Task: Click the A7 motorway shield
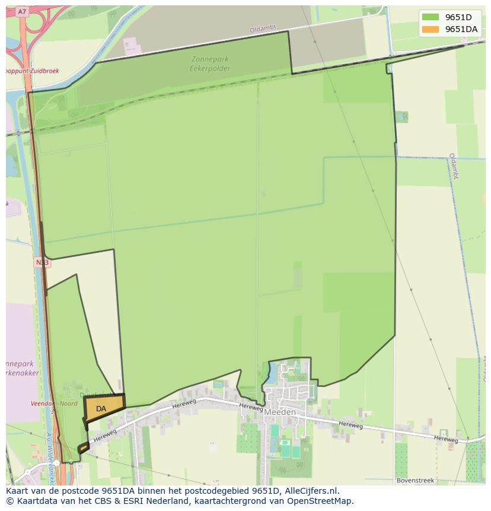23,11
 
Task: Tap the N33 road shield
42,262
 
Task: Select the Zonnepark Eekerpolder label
210,64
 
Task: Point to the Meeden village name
280,412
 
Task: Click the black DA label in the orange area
101,409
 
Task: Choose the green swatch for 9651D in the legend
431,17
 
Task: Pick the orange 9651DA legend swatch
431,29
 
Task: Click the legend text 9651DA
461,29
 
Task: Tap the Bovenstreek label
415,480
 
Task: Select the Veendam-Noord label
54,404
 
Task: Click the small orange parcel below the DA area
83,447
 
